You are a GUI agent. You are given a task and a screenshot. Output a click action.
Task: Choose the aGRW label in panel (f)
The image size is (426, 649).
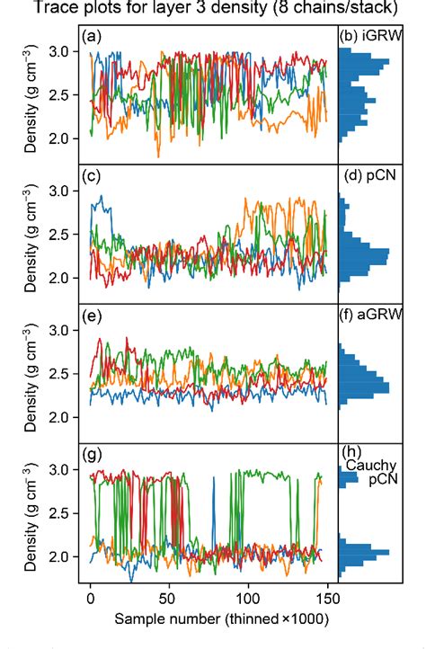tap(386, 316)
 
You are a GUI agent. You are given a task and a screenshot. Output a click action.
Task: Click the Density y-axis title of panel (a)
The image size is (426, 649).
tap(31, 99)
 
